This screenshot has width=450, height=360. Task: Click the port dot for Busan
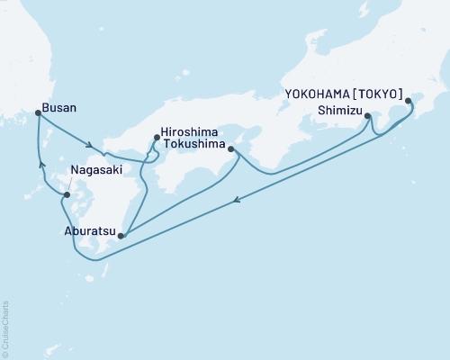pos(37,112)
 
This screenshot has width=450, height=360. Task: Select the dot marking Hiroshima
pos(157,138)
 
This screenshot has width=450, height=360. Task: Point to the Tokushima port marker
pos(232,148)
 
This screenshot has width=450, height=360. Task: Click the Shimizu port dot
pos(370,114)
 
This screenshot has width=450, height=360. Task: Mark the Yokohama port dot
pos(408,101)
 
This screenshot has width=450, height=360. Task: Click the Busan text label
pos(60,107)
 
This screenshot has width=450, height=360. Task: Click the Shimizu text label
pos(340,111)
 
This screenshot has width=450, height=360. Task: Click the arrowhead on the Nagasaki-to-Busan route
pos(40,164)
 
